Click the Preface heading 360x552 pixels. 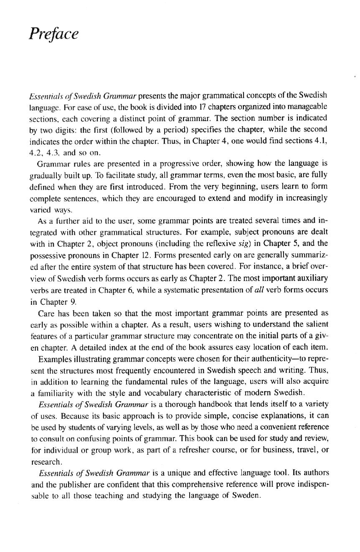pos(53,34)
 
